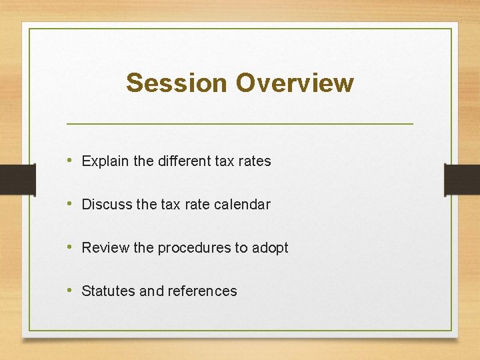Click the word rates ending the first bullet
pyautogui.click(x=255, y=161)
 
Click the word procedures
pyautogui.click(x=193, y=248)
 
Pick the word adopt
pyautogui.click(x=270, y=248)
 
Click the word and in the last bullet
pyautogui.click(x=151, y=291)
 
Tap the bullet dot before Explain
pyautogui.click(x=70, y=161)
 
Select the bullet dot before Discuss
pyautogui.click(x=70, y=204)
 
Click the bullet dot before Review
pyautogui.click(x=70, y=247)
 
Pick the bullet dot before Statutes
pyautogui.click(x=70, y=291)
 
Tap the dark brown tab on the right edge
pyautogui.click(x=462, y=179)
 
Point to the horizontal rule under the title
pyautogui.click(x=240, y=124)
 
